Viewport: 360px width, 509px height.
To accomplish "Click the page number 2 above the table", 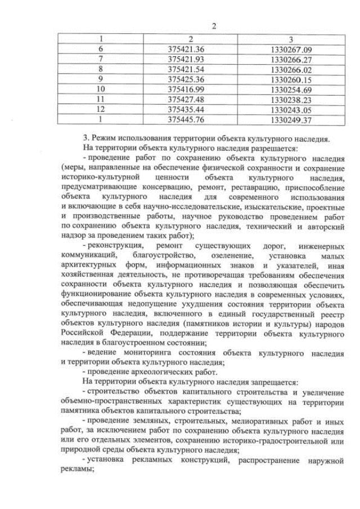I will click(x=214, y=25).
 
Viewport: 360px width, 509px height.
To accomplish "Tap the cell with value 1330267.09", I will click(x=291, y=49).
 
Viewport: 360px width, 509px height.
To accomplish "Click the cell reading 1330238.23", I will click(x=291, y=100).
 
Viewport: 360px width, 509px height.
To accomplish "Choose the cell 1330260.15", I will click(x=291, y=79).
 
